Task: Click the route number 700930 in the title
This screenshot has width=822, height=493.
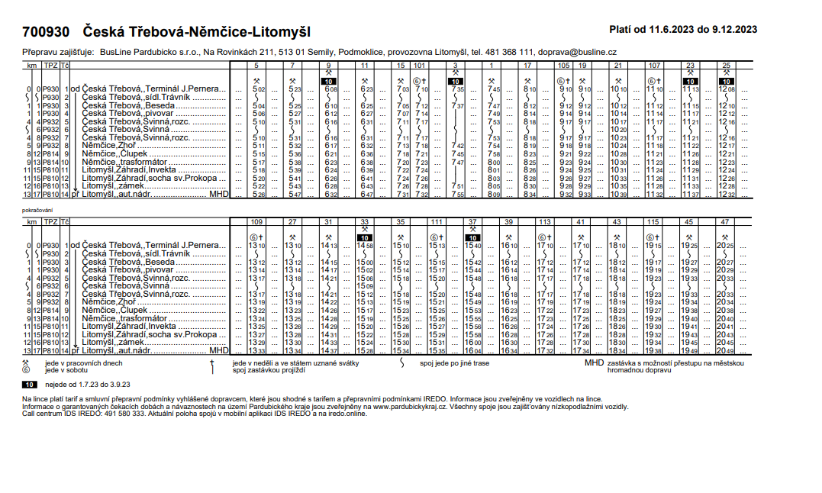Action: coord(46,33)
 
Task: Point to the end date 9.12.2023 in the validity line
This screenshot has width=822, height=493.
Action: coord(734,30)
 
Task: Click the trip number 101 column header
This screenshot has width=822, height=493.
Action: coord(421,66)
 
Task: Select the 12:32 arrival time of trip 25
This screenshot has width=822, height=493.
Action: coord(726,195)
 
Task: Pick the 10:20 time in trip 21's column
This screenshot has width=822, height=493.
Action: coord(618,130)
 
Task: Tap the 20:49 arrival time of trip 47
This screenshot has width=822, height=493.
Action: coord(726,350)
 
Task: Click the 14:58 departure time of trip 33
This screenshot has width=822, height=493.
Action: coord(365,246)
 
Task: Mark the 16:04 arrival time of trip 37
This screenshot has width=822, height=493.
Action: coord(473,350)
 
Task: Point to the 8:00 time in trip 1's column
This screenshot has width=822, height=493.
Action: coord(494,163)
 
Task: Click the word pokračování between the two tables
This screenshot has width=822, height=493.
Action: coord(37,208)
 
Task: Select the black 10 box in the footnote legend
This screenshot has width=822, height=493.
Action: coord(30,384)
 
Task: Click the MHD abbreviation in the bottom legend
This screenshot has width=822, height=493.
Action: coord(593,363)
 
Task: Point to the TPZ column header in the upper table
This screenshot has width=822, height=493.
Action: coord(50,66)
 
